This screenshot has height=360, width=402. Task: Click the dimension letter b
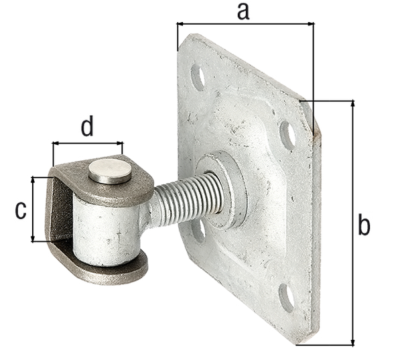[x=364, y=225]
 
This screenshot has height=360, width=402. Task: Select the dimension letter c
[x=21, y=210]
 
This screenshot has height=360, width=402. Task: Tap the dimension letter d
[x=87, y=127]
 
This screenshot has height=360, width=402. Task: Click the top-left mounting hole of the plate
[x=198, y=76]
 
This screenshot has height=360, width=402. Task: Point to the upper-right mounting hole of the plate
[x=287, y=135]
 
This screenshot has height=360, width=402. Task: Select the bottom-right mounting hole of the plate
[x=286, y=298]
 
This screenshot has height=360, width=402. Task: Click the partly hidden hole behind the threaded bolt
[x=198, y=230]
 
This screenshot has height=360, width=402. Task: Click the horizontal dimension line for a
[x=245, y=24]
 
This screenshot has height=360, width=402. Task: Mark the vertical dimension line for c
[x=33, y=209]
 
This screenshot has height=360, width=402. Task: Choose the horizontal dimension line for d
[x=88, y=143]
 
